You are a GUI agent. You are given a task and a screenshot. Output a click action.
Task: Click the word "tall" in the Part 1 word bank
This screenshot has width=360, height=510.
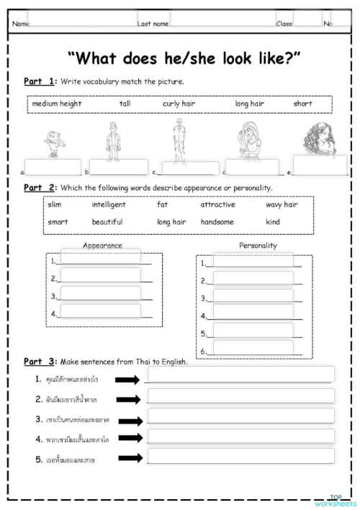(x=125, y=104)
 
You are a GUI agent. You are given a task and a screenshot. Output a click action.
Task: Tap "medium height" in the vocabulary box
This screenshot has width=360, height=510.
(x=57, y=104)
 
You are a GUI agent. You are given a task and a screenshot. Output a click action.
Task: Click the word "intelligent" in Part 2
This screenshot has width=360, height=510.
(x=108, y=205)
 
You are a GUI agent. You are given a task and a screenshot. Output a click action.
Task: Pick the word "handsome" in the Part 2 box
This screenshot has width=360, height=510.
(x=217, y=222)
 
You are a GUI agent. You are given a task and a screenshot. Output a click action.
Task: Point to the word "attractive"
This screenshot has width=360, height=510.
(x=217, y=205)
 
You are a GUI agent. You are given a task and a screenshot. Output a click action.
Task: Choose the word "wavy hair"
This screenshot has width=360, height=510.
(x=282, y=205)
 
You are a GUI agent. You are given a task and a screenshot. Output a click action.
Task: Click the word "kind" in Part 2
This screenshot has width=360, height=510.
(x=273, y=222)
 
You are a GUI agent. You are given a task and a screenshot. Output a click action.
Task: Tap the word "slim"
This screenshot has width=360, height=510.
(x=55, y=205)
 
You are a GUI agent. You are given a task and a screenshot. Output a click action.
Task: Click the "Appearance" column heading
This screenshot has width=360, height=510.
(x=102, y=246)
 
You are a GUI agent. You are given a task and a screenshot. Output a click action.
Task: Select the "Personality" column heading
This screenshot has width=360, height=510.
(x=258, y=246)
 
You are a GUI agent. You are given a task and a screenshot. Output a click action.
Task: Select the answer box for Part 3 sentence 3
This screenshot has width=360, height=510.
(x=240, y=416)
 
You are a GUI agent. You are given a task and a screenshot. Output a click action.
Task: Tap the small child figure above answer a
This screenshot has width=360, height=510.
(x=54, y=140)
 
